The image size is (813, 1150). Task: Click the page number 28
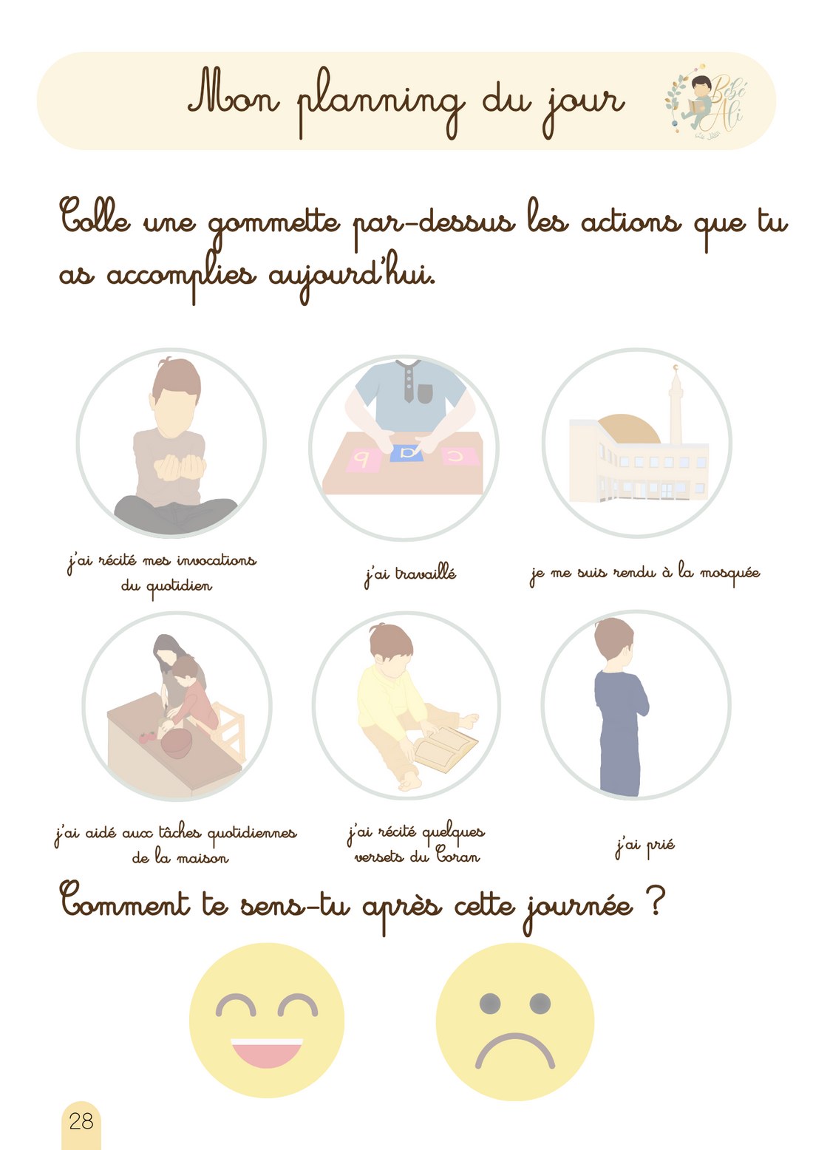pyautogui.click(x=81, y=1121)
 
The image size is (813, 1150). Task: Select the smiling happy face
pyautogui.click(x=267, y=1021)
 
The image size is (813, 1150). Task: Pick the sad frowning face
pyautogui.click(x=514, y=1022)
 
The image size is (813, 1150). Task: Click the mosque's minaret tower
pyautogui.click(x=676, y=406)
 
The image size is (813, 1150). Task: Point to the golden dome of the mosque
pyautogui.click(x=628, y=429)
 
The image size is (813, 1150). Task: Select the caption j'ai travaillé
pyautogui.click(x=410, y=574)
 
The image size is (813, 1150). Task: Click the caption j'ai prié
pyautogui.click(x=644, y=846)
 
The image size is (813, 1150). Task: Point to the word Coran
pyautogui.click(x=457, y=857)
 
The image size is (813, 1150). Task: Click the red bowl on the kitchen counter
pyautogui.click(x=177, y=742)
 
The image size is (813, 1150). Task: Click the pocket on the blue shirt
pyautogui.click(x=425, y=394)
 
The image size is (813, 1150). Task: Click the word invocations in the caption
pyautogui.click(x=216, y=561)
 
